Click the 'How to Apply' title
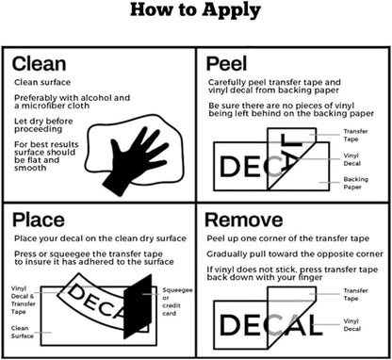click(x=195, y=10)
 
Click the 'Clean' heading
click(x=39, y=64)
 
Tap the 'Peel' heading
click(x=226, y=64)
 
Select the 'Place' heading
click(x=39, y=220)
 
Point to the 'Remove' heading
click(x=244, y=220)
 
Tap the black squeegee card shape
click(x=139, y=306)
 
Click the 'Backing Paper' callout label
click(x=355, y=183)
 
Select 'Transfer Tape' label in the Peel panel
click(x=355, y=135)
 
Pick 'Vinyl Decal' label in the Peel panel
click(x=351, y=159)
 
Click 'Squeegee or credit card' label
click(x=177, y=302)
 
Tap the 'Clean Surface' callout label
click(x=22, y=332)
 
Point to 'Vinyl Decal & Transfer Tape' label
click(x=24, y=300)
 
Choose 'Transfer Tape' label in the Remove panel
click(x=355, y=294)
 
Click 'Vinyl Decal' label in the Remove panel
click(x=351, y=325)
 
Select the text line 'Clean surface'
click(x=42, y=82)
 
